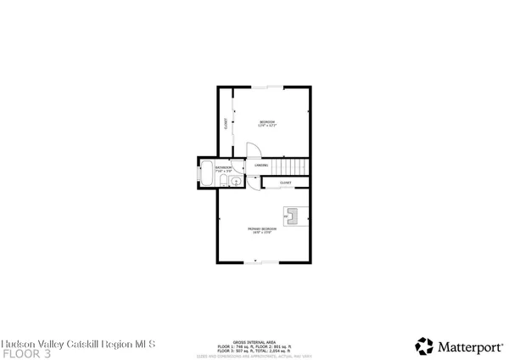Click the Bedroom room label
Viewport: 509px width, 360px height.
tap(266, 122)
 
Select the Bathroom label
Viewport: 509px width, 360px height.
tap(223, 167)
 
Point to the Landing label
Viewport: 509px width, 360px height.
tap(262, 165)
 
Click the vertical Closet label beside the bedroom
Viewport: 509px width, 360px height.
tap(226, 124)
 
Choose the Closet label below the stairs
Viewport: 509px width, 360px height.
tap(286, 183)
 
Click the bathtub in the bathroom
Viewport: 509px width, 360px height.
tap(206, 176)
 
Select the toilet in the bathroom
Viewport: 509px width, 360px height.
tap(227, 181)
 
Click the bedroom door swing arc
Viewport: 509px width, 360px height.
tap(254, 150)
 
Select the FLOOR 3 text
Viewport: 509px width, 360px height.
tap(26, 353)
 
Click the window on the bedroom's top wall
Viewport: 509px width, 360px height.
tap(270, 86)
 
